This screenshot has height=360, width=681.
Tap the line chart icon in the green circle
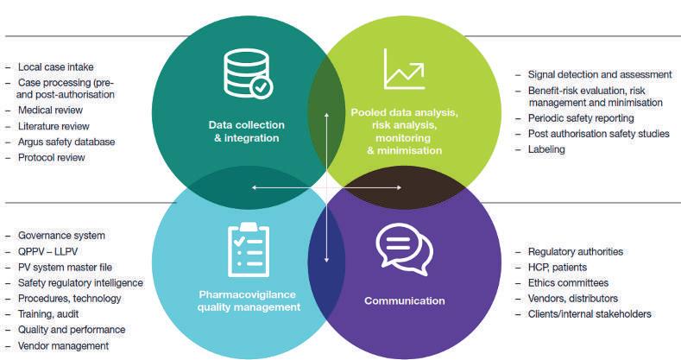(x=404, y=70)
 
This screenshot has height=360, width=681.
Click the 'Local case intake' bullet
(x=55, y=66)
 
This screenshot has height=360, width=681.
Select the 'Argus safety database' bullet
(x=66, y=142)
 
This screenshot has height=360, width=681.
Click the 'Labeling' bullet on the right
(x=545, y=149)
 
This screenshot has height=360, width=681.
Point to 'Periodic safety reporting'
(x=580, y=118)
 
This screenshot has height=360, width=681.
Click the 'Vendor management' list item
(x=63, y=345)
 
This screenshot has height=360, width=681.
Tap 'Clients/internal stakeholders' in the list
(x=595, y=314)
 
